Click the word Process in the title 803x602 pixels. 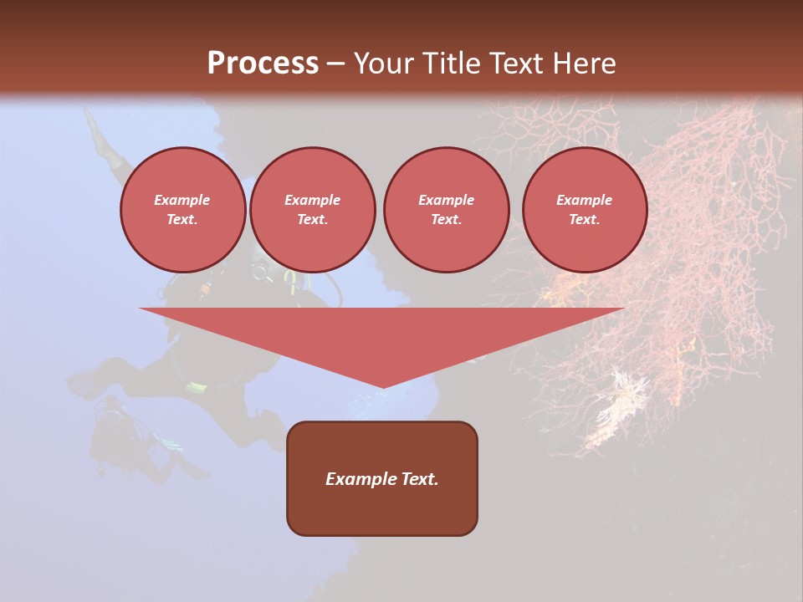263,64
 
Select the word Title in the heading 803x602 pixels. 455,64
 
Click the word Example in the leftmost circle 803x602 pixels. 182,200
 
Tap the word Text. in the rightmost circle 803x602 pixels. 584,219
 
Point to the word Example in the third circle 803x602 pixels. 446,200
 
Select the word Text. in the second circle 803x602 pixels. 312,219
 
